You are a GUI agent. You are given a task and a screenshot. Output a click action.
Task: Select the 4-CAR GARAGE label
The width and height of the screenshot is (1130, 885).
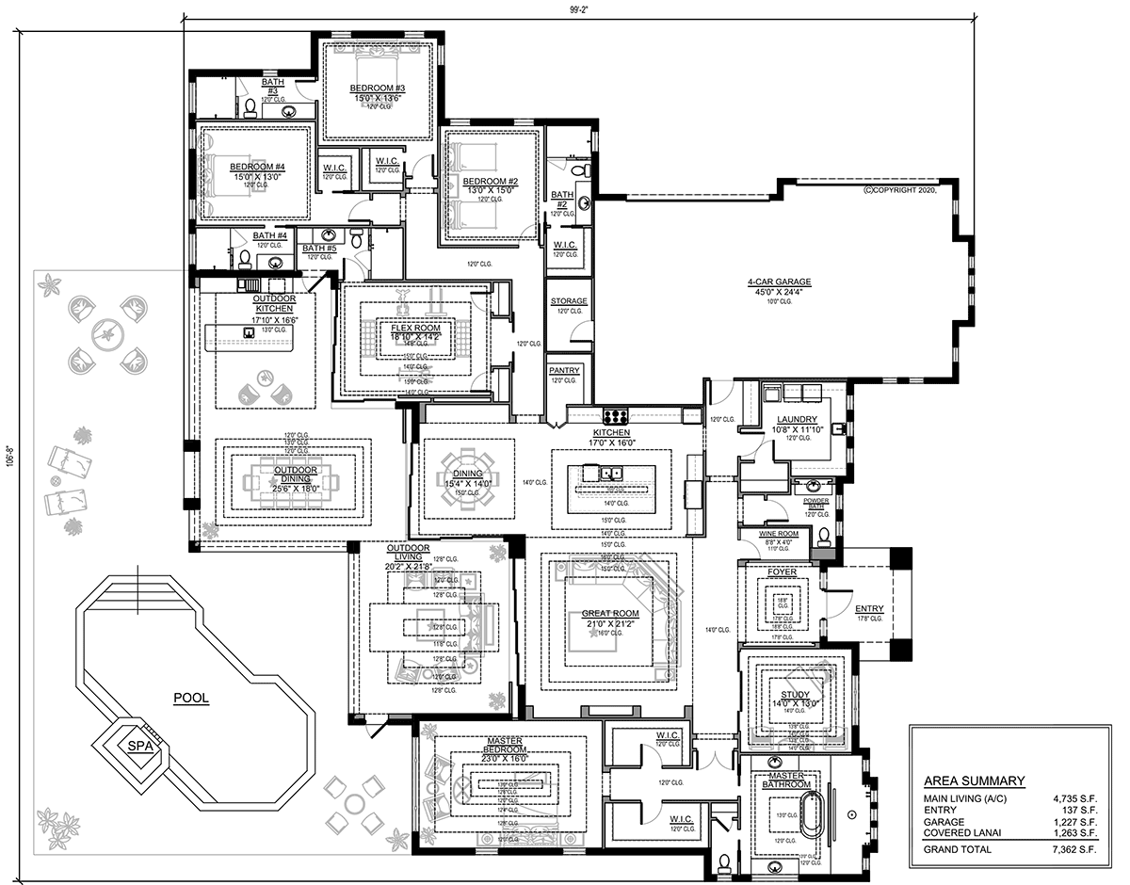tap(779, 282)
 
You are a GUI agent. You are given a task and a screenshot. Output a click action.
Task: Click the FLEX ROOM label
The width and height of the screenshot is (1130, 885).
tap(415, 329)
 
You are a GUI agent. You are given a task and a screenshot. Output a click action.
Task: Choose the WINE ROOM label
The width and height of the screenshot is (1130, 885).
tap(779, 534)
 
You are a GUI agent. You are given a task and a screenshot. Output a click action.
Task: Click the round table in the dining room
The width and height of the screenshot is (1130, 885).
tap(467, 480)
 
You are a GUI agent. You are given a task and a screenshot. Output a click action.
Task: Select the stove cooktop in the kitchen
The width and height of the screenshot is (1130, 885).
tap(616, 415)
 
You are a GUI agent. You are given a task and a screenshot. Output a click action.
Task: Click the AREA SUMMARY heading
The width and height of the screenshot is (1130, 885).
tap(974, 780)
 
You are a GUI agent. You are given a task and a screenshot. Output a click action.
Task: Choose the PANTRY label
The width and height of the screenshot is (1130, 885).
tap(564, 370)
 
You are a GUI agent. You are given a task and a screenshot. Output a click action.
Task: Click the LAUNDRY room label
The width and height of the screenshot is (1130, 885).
tap(797, 420)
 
